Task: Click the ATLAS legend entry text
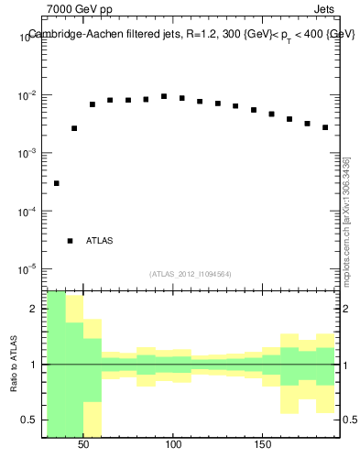99,241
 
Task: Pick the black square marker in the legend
70,241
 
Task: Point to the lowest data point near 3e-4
57,183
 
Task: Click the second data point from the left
74,128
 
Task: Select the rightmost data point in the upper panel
325,127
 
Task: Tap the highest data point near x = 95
164,96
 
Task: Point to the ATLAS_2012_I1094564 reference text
191,274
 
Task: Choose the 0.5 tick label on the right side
349,420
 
